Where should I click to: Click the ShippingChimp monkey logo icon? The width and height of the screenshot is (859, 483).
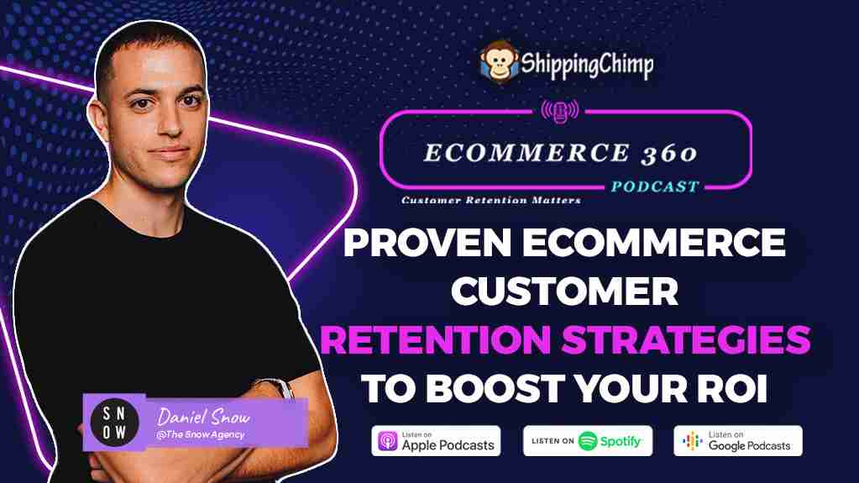coord(499,61)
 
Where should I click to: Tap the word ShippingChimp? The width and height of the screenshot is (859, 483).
coord(587,64)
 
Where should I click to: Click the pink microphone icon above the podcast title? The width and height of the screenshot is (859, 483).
coord(559,111)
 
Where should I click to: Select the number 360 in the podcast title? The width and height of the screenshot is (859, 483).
coord(669,154)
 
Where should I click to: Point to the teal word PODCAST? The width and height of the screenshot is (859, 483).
coord(655,187)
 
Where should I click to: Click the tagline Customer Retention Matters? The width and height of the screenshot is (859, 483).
coord(491,200)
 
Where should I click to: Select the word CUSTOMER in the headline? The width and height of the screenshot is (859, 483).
coord(565,291)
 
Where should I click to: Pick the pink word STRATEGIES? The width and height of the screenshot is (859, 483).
coord(686,340)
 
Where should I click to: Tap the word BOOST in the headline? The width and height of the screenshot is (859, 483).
coord(495,388)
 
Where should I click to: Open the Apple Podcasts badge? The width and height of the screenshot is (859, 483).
coord(436,441)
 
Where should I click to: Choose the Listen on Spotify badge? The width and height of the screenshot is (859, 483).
coord(588,441)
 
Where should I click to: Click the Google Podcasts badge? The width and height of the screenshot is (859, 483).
coord(738,441)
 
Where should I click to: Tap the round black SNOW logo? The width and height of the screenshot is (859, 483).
coord(114,423)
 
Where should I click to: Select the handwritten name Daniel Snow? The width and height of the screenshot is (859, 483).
coord(203,417)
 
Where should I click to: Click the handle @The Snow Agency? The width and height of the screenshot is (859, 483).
coord(200,435)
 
